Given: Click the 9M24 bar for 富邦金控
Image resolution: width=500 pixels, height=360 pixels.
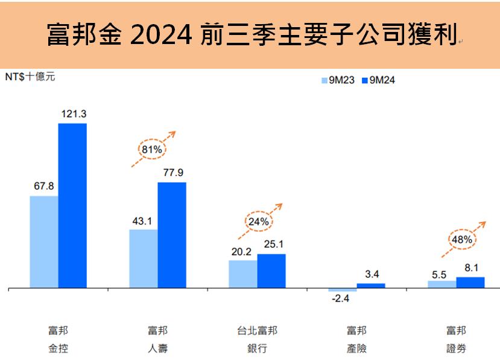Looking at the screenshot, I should coord(72,205).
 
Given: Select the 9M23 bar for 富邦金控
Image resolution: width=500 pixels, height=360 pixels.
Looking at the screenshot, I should coord(44,241).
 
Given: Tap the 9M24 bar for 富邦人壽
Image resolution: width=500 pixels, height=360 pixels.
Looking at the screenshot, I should coord(172,235).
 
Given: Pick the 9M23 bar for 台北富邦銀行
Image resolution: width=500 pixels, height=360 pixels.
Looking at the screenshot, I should coord(243,274).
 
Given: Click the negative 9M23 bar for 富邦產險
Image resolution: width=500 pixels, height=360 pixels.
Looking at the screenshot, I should coord(343,290).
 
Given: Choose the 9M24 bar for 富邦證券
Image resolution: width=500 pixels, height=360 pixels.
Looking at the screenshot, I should coord(470,282).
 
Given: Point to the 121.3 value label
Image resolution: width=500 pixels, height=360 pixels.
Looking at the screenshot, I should coord(72,114).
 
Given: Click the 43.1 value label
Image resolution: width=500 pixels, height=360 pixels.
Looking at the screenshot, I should coord(144,220).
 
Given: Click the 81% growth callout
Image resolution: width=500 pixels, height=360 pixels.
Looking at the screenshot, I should coord(151,148).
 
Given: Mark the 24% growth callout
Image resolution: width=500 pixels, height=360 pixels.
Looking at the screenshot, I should coord(258,221).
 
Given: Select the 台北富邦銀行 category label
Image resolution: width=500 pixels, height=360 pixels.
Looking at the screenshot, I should coord(257,339).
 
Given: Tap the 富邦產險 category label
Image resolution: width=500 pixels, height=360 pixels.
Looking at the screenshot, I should coord(356,339).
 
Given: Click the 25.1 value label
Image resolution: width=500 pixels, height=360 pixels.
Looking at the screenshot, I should coord(271,244).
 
